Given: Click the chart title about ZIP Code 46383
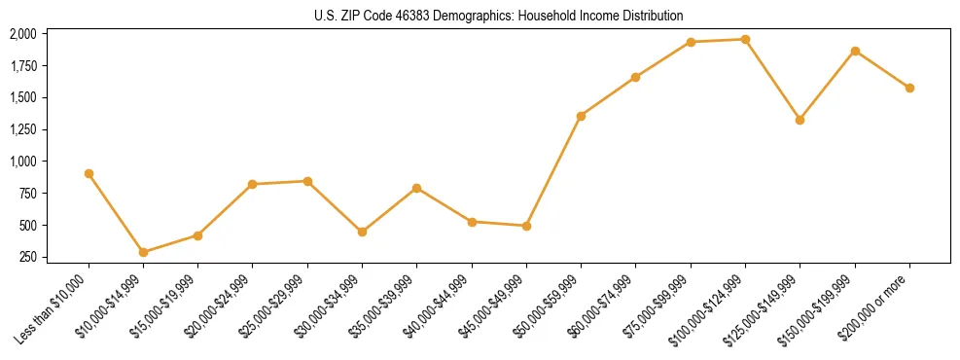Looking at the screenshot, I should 499,16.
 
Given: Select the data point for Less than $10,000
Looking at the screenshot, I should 89,173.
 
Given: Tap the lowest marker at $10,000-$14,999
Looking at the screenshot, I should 144,252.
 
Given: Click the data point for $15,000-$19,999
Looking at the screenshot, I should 198,235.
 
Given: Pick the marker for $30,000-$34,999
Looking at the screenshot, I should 362,232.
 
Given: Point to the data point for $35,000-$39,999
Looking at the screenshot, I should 417,188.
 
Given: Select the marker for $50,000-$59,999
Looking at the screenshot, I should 581,116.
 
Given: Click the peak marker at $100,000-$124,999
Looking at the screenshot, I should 745,39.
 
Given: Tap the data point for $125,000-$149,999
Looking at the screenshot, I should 800,120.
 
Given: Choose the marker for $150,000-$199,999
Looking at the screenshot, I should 855,51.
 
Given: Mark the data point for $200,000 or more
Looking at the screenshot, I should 909,88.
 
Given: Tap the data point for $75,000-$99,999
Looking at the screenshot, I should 691,42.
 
